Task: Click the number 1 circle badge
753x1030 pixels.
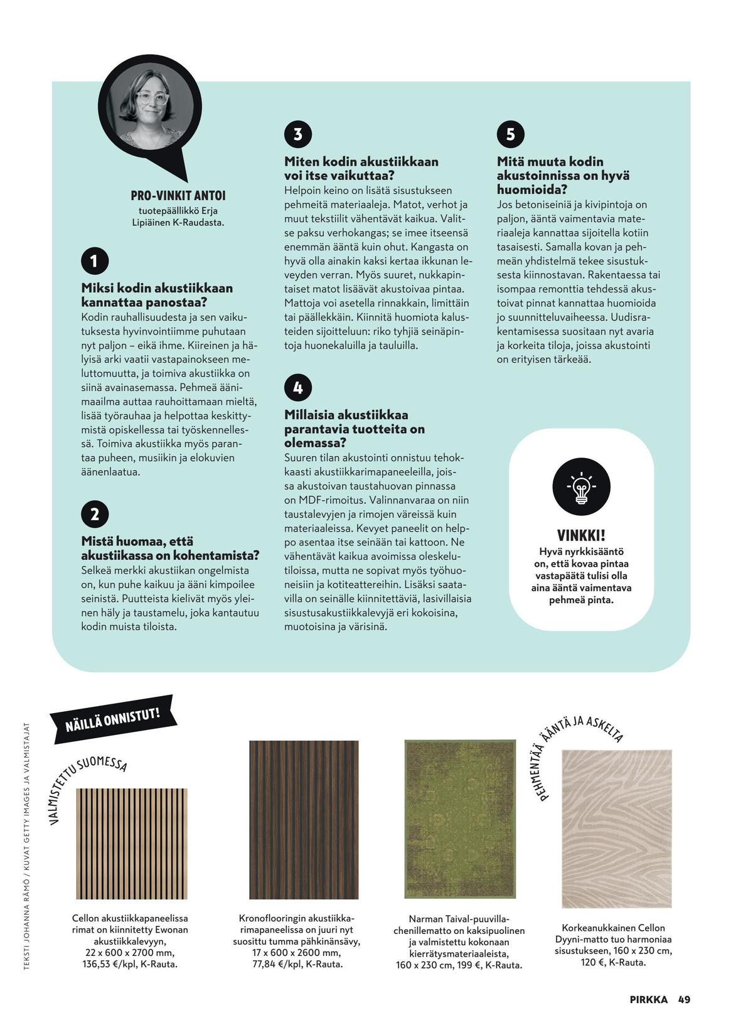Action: [x=95, y=261]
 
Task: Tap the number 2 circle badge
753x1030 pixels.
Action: [x=95, y=514]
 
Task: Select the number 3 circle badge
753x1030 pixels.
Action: [x=298, y=134]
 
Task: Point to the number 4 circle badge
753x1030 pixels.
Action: [x=298, y=387]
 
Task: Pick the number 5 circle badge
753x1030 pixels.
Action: [x=511, y=134]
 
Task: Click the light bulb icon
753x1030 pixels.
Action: [x=581, y=486]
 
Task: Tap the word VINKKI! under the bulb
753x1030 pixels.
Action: [x=581, y=535]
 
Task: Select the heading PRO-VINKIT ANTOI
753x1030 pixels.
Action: [x=178, y=196]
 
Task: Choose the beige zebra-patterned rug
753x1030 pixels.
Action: [x=616, y=829]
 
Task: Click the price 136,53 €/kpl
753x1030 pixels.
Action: [x=110, y=964]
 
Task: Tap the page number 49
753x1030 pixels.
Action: [x=684, y=999]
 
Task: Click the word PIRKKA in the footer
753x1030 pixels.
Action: [x=649, y=999]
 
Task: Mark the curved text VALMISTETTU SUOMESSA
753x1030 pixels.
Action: [x=85, y=785]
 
